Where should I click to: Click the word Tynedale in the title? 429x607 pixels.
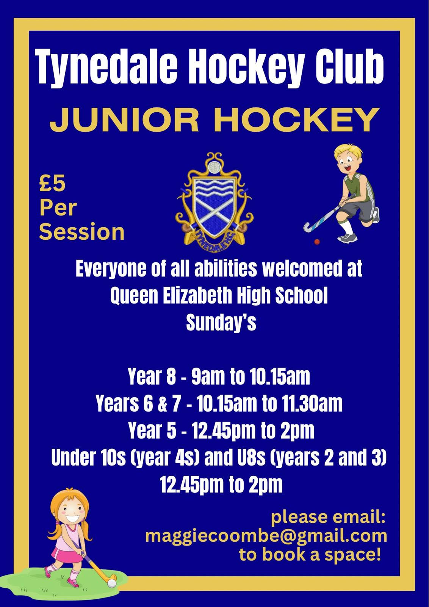106,67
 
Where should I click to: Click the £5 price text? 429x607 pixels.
53,184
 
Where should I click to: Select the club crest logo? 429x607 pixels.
214,199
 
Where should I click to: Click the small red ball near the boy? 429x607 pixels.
317,241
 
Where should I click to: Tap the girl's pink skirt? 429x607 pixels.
67,554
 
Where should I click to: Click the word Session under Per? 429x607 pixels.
82,232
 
